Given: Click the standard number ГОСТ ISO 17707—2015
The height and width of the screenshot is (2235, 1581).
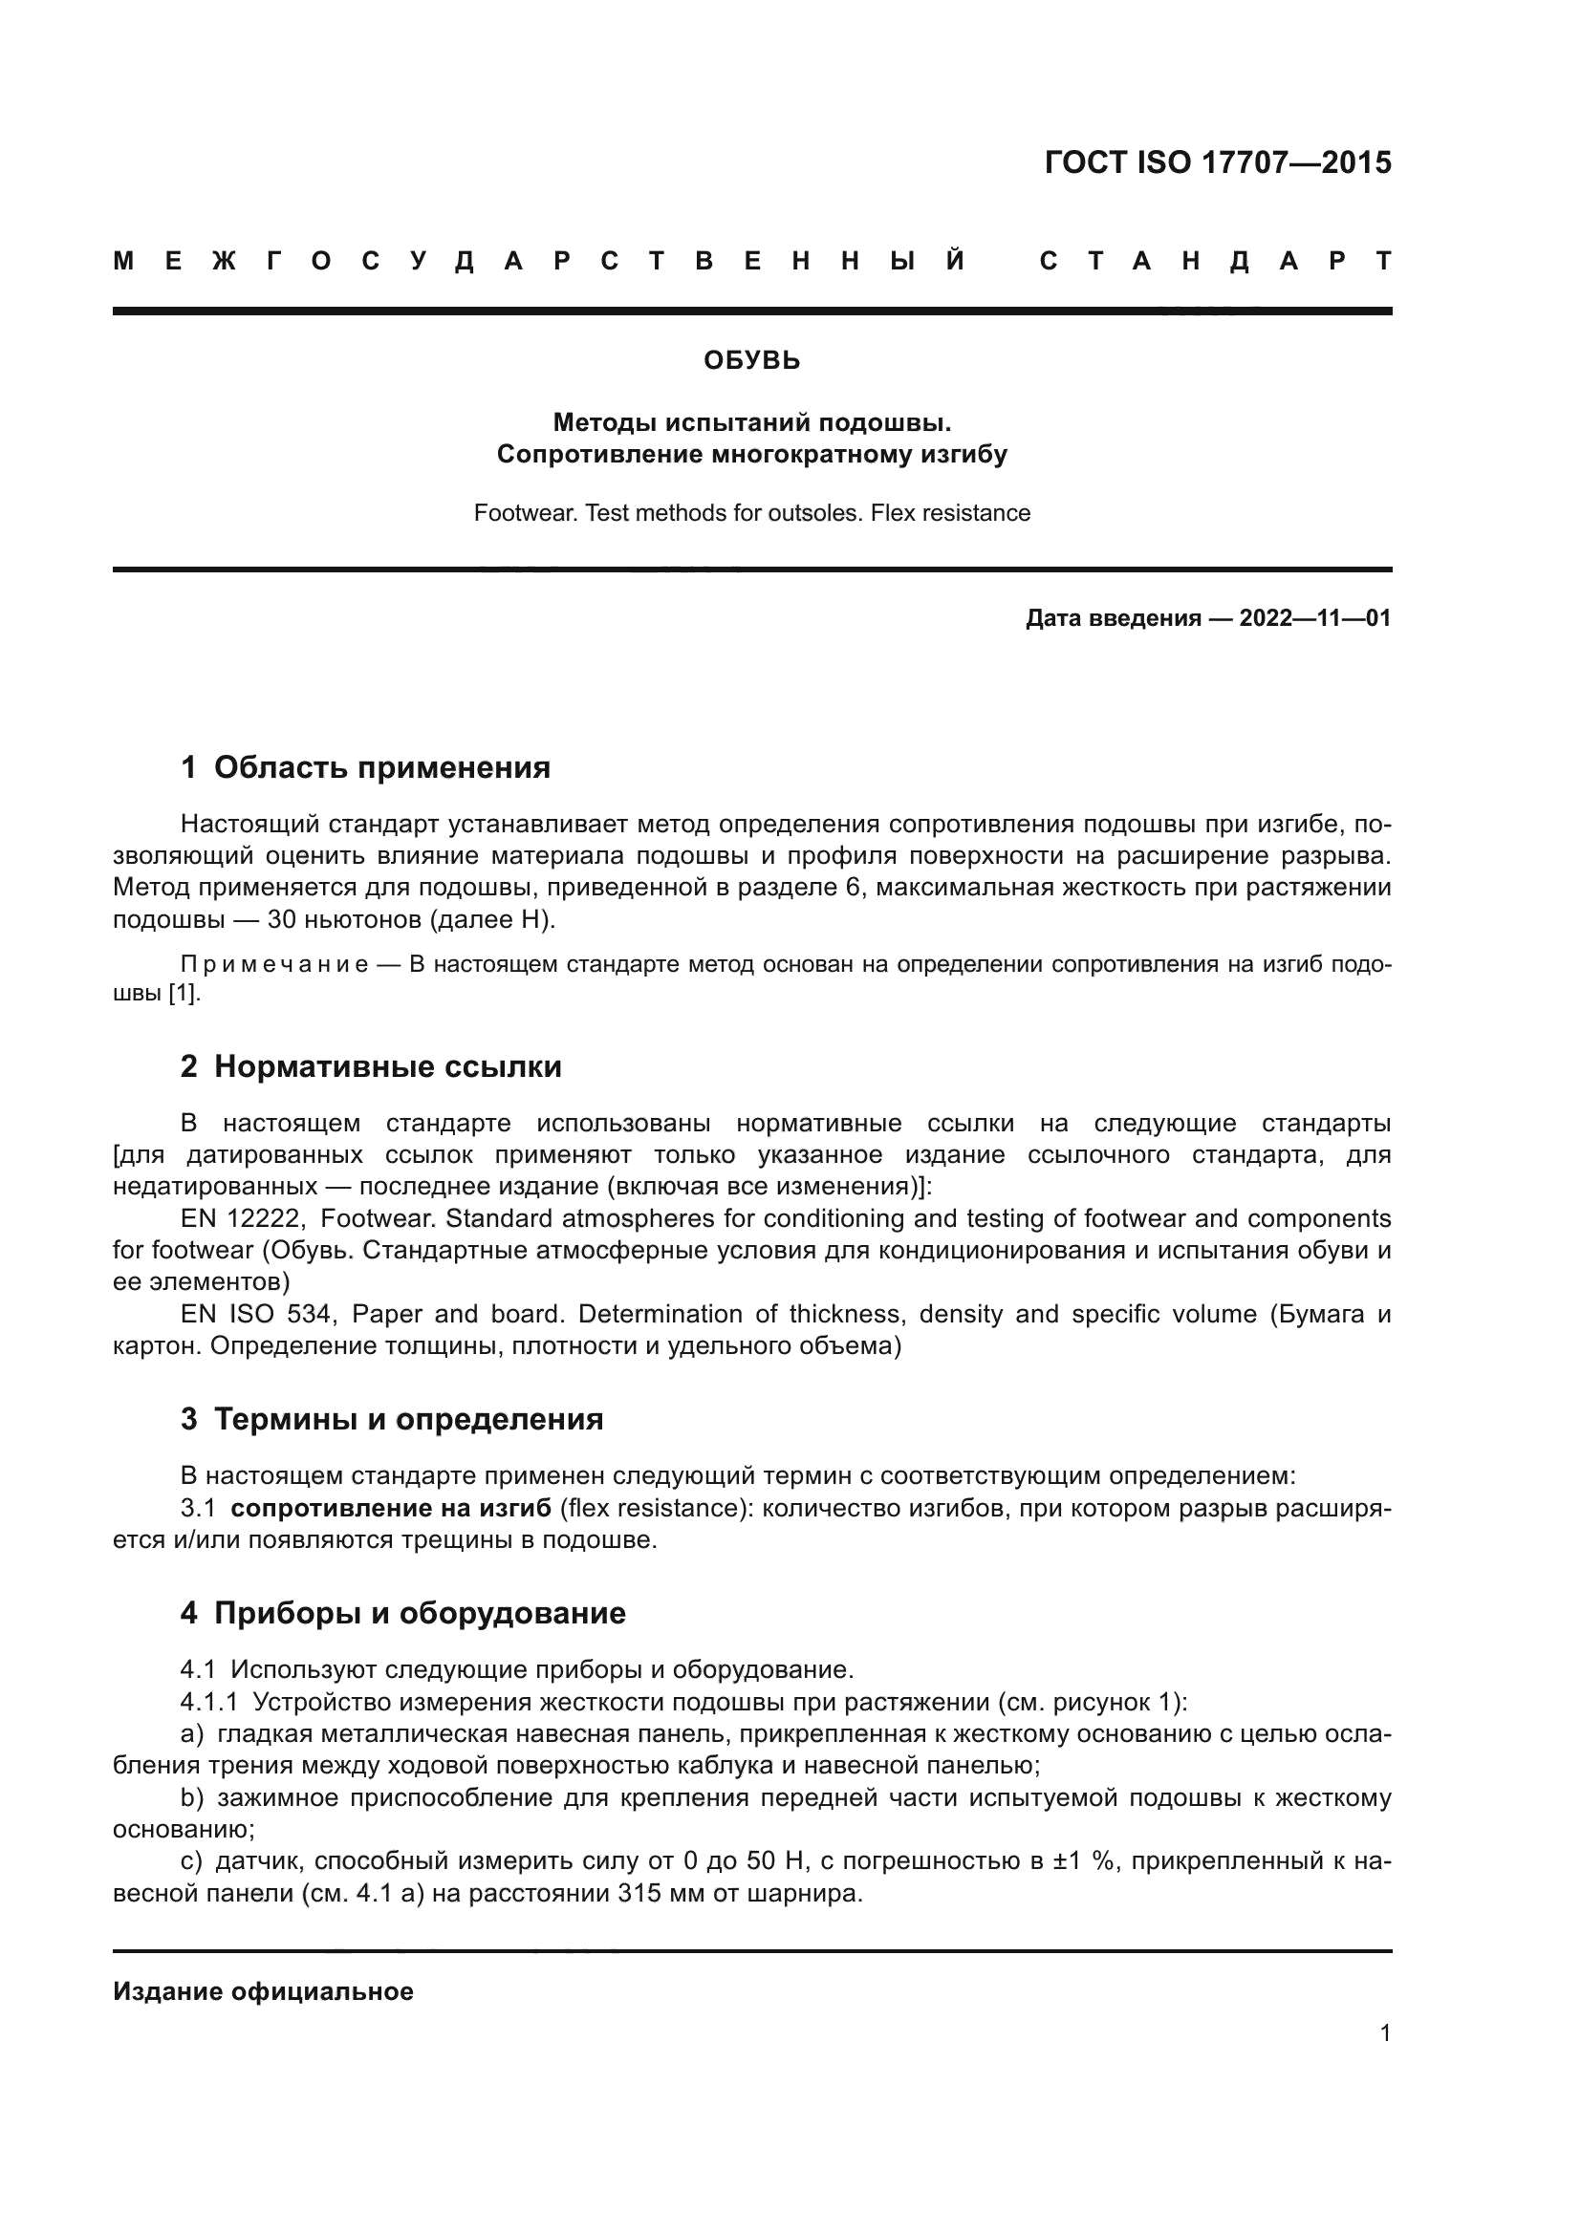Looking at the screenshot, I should click(1217, 162).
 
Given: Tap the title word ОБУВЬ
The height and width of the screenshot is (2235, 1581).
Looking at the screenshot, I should click(751, 361).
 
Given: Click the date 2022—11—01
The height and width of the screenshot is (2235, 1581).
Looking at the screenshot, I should click(1314, 618).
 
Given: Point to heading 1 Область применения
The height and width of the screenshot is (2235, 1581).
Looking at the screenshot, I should click(365, 768).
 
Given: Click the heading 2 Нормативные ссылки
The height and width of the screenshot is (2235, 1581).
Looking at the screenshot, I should click(371, 1067).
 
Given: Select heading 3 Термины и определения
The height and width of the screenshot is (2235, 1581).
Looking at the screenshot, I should click(391, 1419).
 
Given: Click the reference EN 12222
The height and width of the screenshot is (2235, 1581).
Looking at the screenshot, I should click(244, 1218).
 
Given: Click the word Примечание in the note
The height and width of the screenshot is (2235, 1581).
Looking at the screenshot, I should click(274, 965).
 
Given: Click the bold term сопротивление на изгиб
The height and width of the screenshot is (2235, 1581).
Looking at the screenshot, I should click(390, 1508).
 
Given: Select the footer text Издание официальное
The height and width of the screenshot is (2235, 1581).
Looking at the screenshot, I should click(263, 1991).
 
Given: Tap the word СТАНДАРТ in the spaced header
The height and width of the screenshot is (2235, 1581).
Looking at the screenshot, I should click(1215, 261).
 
